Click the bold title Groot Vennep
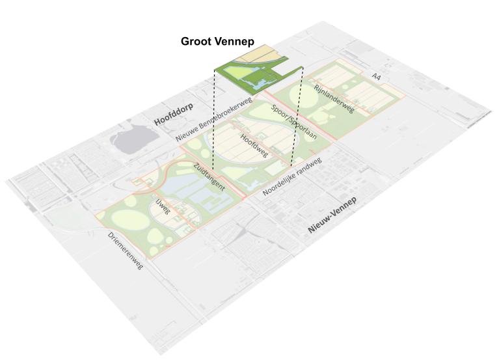point(217,41)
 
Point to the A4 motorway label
point(375,77)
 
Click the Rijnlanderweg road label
point(334,98)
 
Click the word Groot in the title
point(197,41)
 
